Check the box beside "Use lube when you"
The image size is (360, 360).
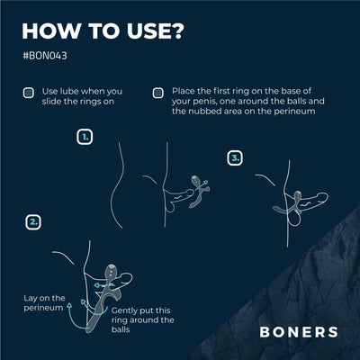27,93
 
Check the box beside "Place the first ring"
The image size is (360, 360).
157,93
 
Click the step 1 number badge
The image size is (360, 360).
85,138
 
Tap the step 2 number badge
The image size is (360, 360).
32,220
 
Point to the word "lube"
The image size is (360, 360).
66,93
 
